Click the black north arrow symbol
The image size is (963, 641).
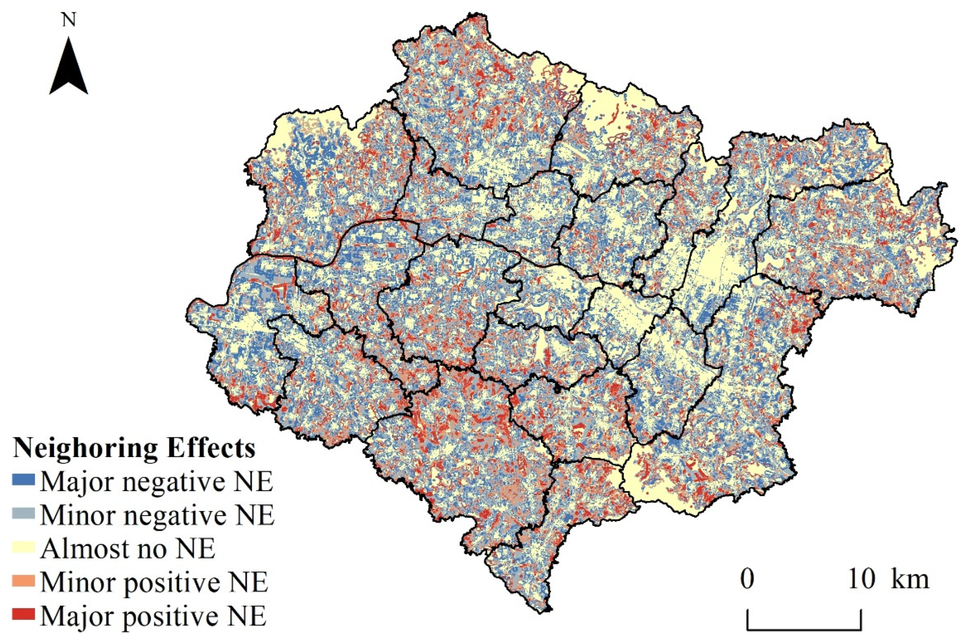pos(68,67)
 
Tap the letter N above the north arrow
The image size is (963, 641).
pos(69,21)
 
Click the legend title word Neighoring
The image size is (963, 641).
pos(84,449)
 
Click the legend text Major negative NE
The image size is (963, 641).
pos(156,483)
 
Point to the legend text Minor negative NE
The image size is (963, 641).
pos(157,516)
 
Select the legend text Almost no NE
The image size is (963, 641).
pos(128,549)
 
